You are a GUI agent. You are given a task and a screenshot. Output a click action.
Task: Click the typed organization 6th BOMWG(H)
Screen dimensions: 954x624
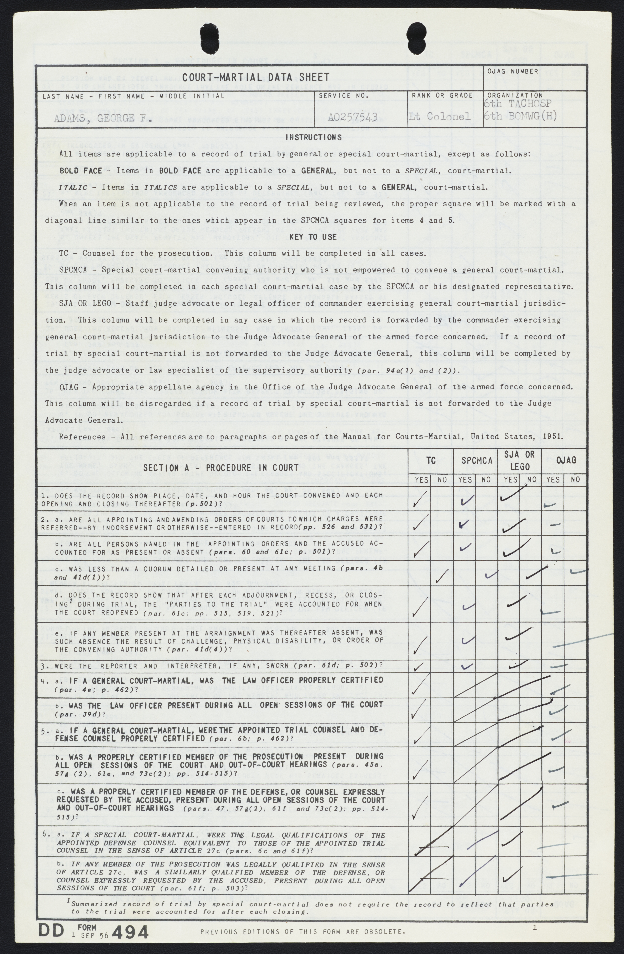pos(520,116)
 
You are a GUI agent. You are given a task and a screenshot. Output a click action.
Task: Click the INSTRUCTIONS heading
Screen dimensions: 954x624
pos(314,137)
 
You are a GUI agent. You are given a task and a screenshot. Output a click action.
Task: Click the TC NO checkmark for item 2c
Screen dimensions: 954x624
pos(442,577)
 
